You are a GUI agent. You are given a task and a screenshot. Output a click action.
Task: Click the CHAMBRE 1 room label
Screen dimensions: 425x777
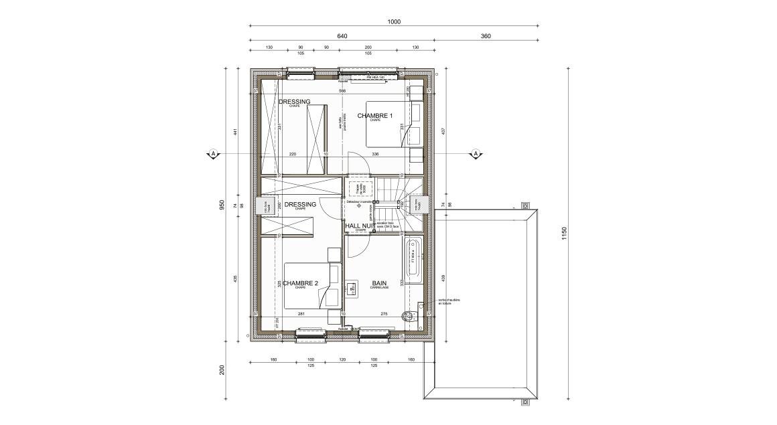click(374, 116)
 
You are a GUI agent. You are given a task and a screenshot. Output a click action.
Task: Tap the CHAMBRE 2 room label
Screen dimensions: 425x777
click(299, 283)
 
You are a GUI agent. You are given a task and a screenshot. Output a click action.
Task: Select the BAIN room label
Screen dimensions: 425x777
click(380, 283)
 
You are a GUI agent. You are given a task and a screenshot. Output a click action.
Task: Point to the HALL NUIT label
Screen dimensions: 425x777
click(359, 226)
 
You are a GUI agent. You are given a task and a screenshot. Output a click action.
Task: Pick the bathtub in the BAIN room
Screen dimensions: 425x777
click(413, 259)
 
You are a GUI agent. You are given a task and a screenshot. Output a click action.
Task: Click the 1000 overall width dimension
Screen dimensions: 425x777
click(393, 22)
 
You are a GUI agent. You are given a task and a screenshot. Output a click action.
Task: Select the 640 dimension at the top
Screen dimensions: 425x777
click(342, 36)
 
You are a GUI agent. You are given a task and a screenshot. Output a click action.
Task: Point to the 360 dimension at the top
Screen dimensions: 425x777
click(486, 36)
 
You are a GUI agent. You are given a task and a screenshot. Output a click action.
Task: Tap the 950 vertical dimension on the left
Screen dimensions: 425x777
click(222, 205)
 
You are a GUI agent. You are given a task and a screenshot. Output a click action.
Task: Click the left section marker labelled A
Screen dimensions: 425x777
click(213, 154)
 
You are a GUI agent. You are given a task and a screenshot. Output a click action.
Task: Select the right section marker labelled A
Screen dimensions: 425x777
click(476, 154)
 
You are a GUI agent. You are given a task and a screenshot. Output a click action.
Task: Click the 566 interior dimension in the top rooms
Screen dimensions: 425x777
click(342, 91)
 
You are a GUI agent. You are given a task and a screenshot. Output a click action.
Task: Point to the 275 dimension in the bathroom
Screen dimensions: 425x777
click(384, 314)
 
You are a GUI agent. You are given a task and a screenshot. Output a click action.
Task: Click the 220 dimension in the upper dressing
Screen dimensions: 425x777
click(292, 154)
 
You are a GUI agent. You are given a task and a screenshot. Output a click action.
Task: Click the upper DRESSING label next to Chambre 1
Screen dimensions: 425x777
click(295, 102)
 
